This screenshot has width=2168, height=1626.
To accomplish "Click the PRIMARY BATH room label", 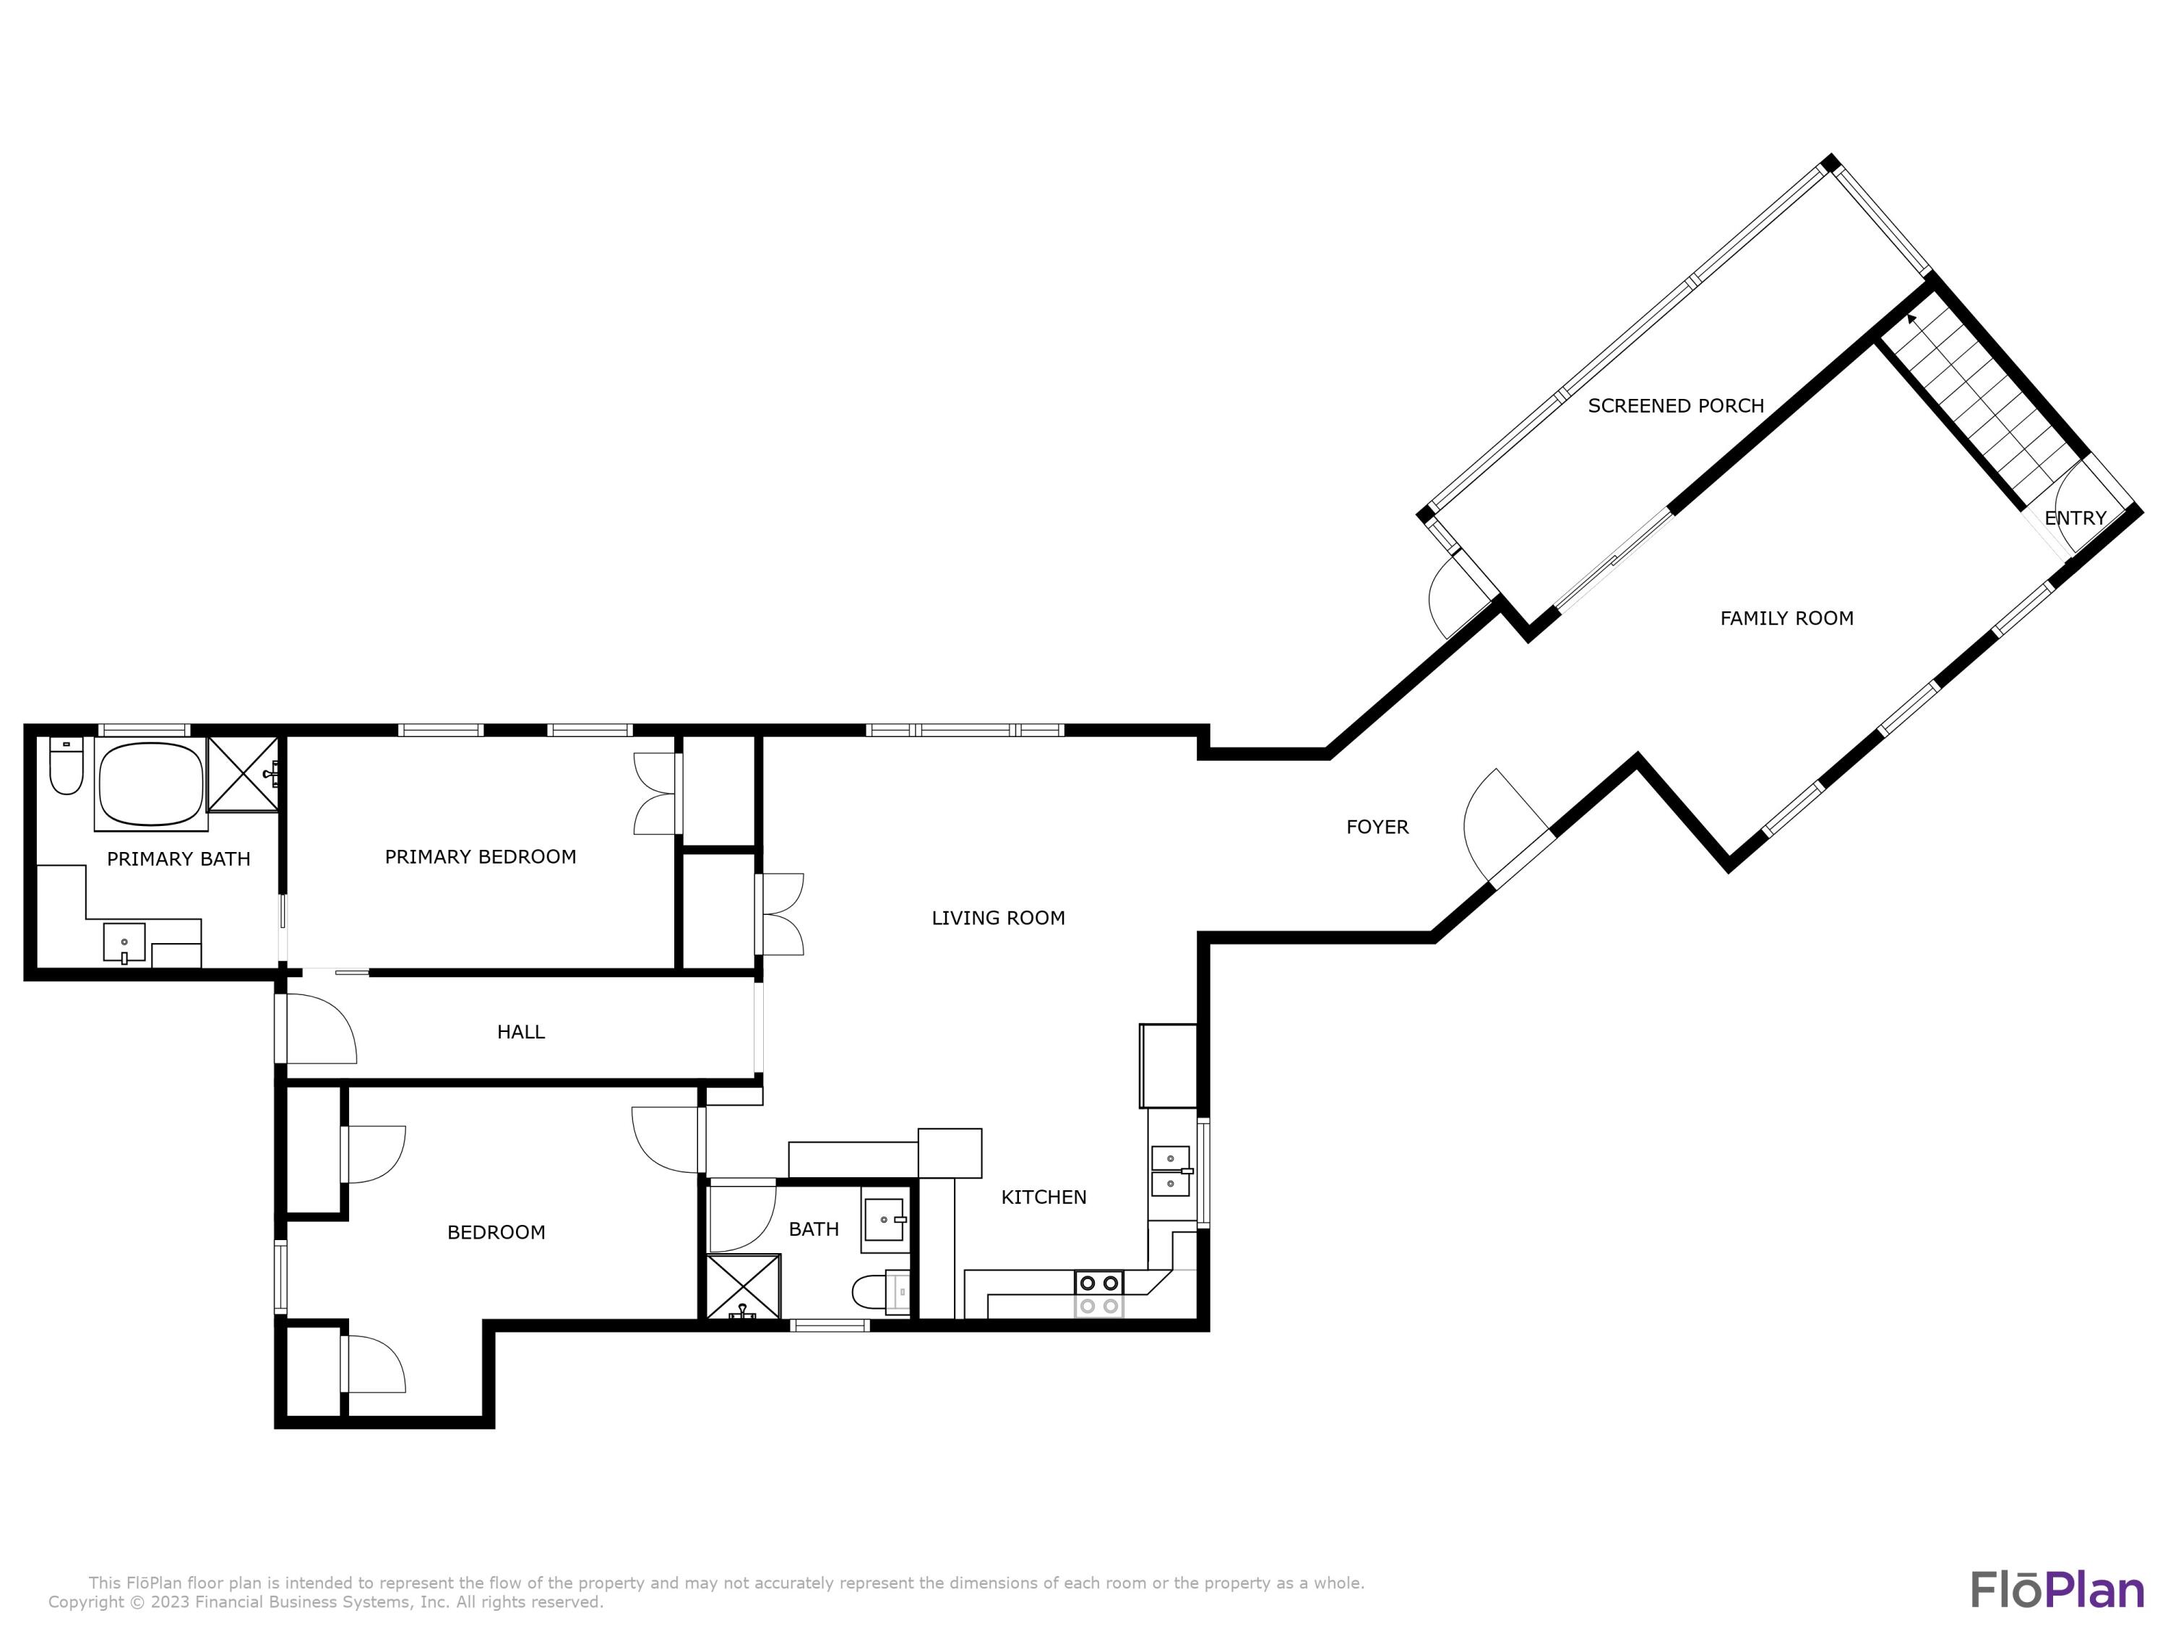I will point(178,859).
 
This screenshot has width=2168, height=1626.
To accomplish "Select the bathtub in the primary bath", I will point(150,785).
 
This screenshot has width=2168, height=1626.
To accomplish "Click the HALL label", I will point(520,1032).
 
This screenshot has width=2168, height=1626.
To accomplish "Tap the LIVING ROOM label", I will point(998,919).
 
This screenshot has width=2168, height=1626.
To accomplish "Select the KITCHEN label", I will point(1044,1197).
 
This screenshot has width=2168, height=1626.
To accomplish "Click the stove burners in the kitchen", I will point(1098,1294).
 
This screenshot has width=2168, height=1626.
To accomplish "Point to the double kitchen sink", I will point(1170,1171).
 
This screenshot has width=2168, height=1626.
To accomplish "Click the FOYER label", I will point(1377,827).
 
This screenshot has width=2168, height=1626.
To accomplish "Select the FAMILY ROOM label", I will point(1786,619).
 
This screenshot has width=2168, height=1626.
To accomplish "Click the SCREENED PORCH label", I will point(1676,405).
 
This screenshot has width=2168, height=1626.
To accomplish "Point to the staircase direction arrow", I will point(1912,319).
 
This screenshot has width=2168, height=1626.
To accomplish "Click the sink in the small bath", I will point(883,1221).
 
